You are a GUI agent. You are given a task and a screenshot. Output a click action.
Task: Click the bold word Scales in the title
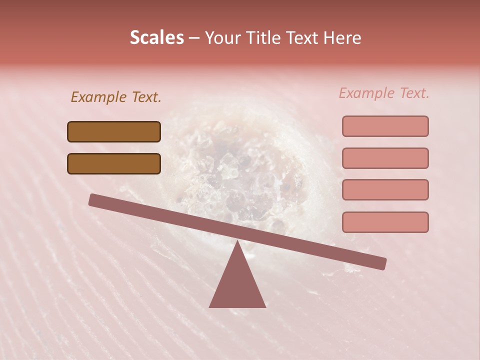click(156, 37)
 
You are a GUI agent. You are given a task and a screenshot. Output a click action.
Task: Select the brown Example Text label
click(116, 97)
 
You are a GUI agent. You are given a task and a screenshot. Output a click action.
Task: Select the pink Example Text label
click(384, 93)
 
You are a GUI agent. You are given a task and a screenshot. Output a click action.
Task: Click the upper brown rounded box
click(114, 131)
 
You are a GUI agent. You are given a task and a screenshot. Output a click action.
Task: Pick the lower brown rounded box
click(114, 163)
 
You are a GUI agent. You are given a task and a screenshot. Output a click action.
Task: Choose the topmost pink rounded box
click(385, 126)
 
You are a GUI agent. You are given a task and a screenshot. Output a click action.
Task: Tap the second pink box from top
click(385, 158)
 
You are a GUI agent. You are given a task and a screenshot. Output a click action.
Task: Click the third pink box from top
click(385, 189)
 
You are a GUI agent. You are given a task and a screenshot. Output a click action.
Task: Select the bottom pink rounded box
click(385, 222)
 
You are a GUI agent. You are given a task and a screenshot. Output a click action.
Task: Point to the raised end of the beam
click(93, 200)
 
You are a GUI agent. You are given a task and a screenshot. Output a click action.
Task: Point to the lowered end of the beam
click(382, 263)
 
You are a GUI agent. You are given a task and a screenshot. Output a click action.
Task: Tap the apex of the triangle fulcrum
click(237, 242)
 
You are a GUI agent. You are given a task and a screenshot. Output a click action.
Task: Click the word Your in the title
click(222, 37)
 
